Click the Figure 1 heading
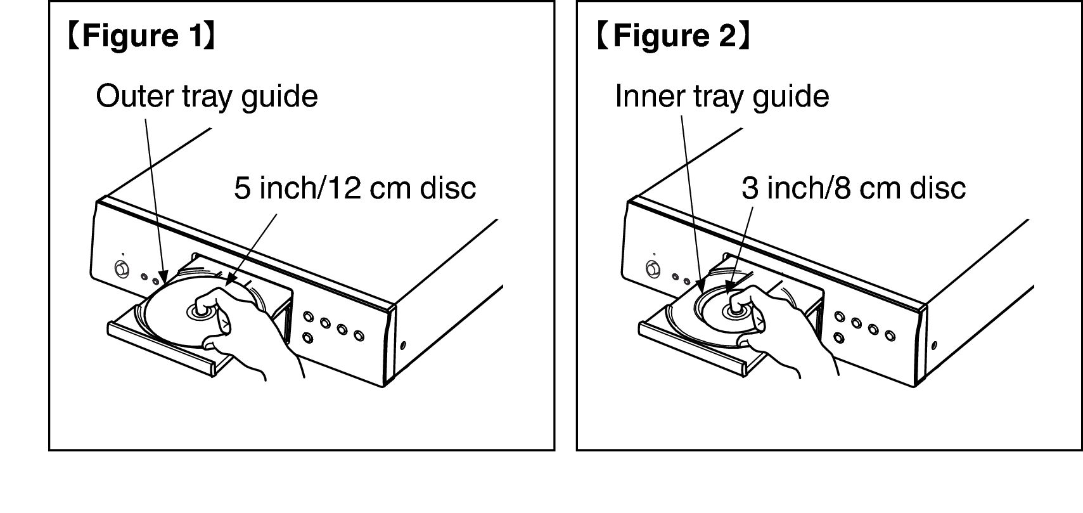pos(142,36)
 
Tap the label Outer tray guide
pos(207,97)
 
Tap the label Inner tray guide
pos(722,97)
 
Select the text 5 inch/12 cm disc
pos(355,188)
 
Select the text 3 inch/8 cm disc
pos(854,188)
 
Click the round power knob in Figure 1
pos(121,269)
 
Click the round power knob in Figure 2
pos(653,269)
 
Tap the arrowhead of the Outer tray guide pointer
pos(164,276)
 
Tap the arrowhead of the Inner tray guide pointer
pos(701,287)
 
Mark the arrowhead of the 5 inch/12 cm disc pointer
pos(230,279)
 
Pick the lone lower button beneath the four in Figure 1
pos(307,337)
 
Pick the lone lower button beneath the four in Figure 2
pos(839,337)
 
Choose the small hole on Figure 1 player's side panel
pos(403,346)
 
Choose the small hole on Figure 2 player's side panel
pos(934,346)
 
